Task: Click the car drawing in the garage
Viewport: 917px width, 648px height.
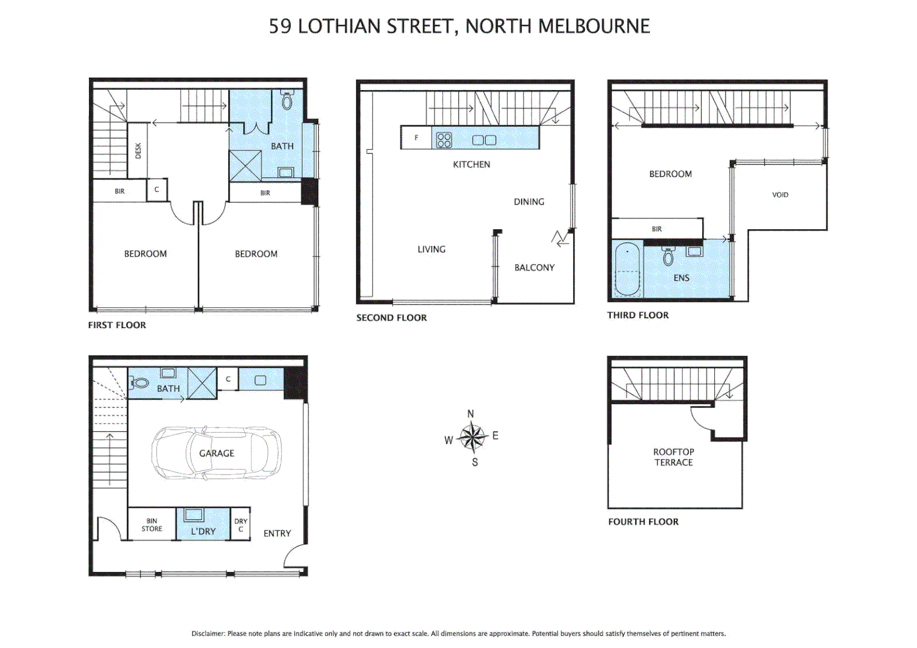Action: pos(216,453)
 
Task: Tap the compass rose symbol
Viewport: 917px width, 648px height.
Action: pos(473,437)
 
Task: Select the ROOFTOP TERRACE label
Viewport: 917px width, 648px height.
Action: pos(673,457)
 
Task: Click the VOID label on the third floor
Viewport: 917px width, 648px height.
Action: pos(780,195)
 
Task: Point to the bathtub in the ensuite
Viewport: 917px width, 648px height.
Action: pos(628,269)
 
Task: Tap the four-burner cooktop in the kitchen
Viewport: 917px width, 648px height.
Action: pos(444,140)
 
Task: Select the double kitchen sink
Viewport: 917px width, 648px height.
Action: pos(484,140)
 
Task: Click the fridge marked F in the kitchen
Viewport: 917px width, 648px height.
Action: pos(416,138)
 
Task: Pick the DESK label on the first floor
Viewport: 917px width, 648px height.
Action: pos(138,150)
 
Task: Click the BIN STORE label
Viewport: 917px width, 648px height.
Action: pos(152,525)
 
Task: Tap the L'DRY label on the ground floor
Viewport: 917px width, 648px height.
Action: pos(203,532)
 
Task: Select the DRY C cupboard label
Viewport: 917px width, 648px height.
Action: pos(241,525)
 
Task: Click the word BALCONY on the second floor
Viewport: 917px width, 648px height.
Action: pos(534,268)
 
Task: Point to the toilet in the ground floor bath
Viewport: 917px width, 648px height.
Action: pos(140,383)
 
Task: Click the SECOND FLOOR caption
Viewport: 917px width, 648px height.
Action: pos(391,318)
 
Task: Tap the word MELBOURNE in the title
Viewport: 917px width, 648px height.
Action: pos(594,26)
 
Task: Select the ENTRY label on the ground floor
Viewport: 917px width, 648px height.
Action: pos(277,533)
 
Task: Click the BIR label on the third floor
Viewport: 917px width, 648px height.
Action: pos(657,229)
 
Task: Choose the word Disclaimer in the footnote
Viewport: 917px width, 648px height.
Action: pos(208,634)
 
